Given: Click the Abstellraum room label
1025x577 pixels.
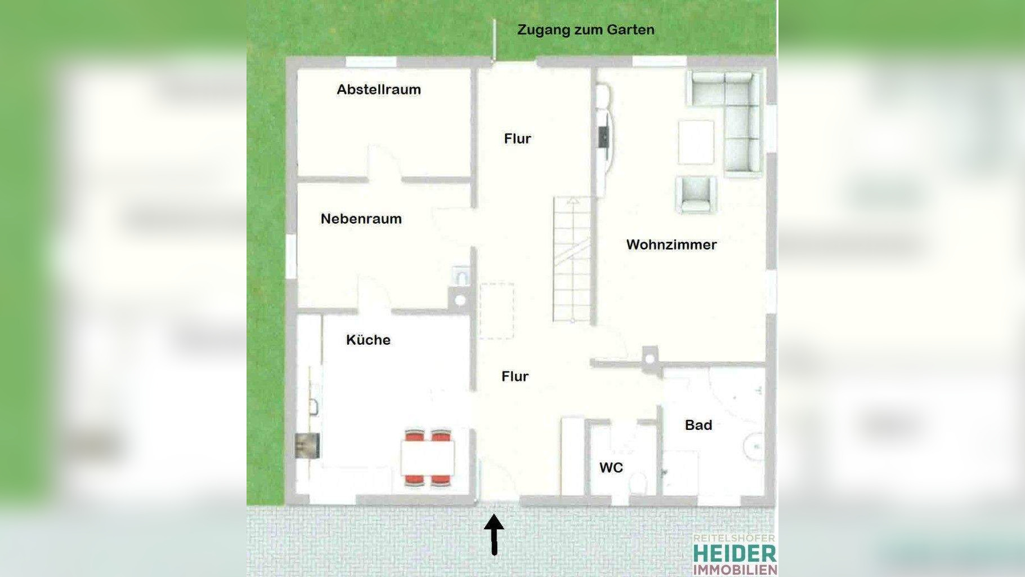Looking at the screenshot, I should [x=378, y=90].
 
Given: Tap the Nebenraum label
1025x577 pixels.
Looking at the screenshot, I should [x=361, y=219].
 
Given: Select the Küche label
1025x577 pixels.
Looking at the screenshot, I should [x=368, y=340].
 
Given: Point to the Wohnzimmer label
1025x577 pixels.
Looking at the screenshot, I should [x=671, y=245].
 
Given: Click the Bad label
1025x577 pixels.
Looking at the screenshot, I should [x=698, y=425].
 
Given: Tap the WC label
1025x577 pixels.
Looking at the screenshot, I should [x=611, y=467].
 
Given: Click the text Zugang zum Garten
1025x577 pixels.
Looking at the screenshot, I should [x=585, y=30].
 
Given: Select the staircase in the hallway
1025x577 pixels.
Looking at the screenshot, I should [x=572, y=259].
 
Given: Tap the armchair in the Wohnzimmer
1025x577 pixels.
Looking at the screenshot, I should [x=696, y=194].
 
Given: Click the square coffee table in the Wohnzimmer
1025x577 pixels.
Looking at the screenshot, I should [x=696, y=141].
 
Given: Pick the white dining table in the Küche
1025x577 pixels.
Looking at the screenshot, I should [x=428, y=458].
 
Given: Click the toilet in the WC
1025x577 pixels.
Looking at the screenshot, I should [x=638, y=483].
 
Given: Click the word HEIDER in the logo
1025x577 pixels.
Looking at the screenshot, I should [x=735, y=553].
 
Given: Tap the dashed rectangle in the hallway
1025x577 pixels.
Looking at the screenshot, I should [x=496, y=310].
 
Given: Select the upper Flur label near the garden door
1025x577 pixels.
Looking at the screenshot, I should [x=517, y=139].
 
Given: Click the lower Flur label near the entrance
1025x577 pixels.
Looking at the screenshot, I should [x=514, y=376].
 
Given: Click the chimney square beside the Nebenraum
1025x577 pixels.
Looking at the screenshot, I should [x=460, y=300].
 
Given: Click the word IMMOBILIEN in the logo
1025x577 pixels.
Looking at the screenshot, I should [x=735, y=570].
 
